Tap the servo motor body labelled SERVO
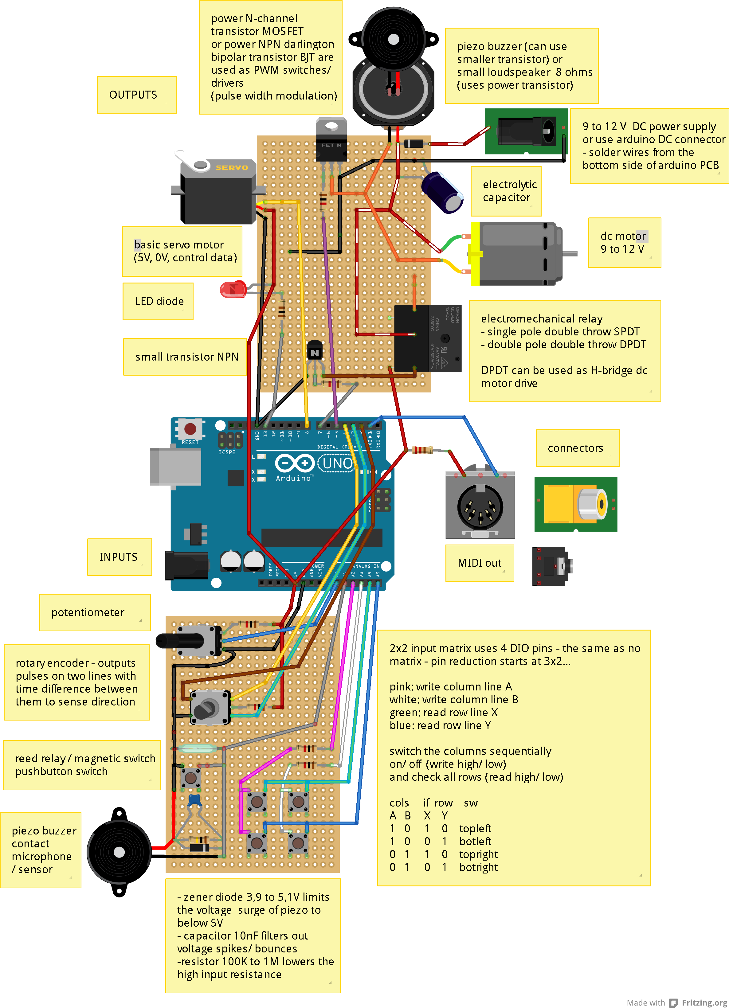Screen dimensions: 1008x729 pyautogui.click(x=218, y=193)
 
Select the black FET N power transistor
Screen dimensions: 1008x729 pyautogui.click(x=331, y=147)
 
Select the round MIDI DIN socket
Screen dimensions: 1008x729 pyautogui.click(x=480, y=507)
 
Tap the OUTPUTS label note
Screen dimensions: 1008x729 pyautogui.click(x=133, y=95)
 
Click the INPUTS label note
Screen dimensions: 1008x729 pyautogui.click(x=118, y=557)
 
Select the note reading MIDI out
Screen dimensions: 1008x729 pyautogui.click(x=479, y=563)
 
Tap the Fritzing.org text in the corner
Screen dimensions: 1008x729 pyautogui.click(x=704, y=1002)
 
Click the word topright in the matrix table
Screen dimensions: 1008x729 pyautogui.click(x=478, y=854)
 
